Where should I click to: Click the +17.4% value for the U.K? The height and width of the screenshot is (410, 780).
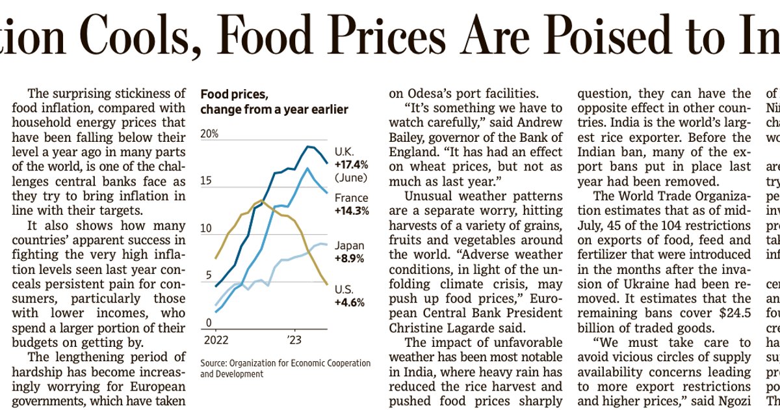352,164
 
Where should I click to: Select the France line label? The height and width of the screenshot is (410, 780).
351,198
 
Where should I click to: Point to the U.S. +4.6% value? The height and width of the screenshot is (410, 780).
350,302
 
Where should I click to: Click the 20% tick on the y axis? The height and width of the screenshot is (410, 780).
209,134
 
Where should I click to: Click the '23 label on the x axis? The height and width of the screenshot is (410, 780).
294,340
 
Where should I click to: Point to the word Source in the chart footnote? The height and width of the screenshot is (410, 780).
213,363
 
